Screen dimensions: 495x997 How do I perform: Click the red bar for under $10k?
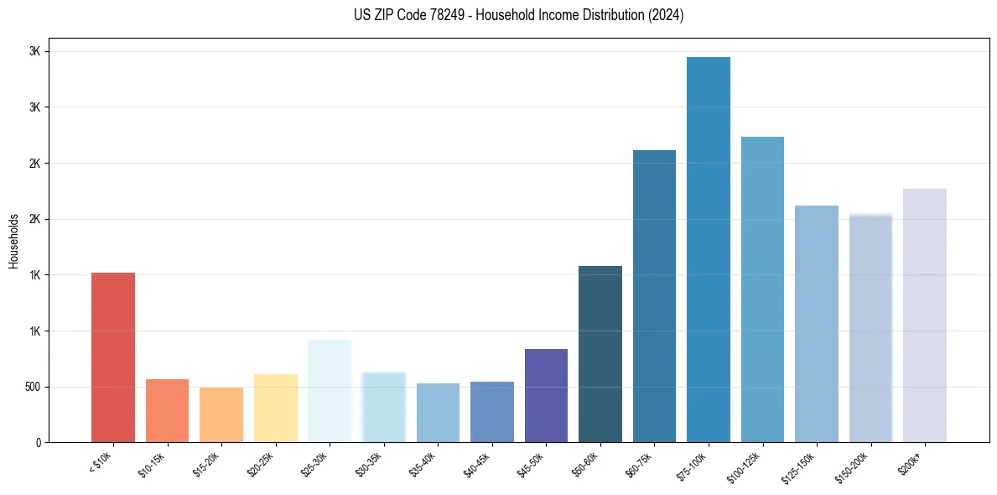click(x=113, y=357)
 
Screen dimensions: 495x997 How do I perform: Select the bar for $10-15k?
click(x=167, y=410)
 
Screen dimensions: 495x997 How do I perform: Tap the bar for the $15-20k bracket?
click(x=221, y=414)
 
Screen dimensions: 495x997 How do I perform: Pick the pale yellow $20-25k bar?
click(x=275, y=408)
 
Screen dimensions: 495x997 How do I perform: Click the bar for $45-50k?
click(x=546, y=395)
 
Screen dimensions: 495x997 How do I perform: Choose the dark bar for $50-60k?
click(x=600, y=354)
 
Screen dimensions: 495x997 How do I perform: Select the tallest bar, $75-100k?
click(x=708, y=249)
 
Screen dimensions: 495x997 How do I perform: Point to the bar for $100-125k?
click(x=762, y=289)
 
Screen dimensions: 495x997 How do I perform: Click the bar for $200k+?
click(x=924, y=315)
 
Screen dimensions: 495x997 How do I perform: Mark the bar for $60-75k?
click(x=654, y=296)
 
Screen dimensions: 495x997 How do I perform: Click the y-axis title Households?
click(x=14, y=241)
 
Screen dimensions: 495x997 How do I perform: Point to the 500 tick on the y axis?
click(x=34, y=387)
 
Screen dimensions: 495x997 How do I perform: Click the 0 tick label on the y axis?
click(x=39, y=442)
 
